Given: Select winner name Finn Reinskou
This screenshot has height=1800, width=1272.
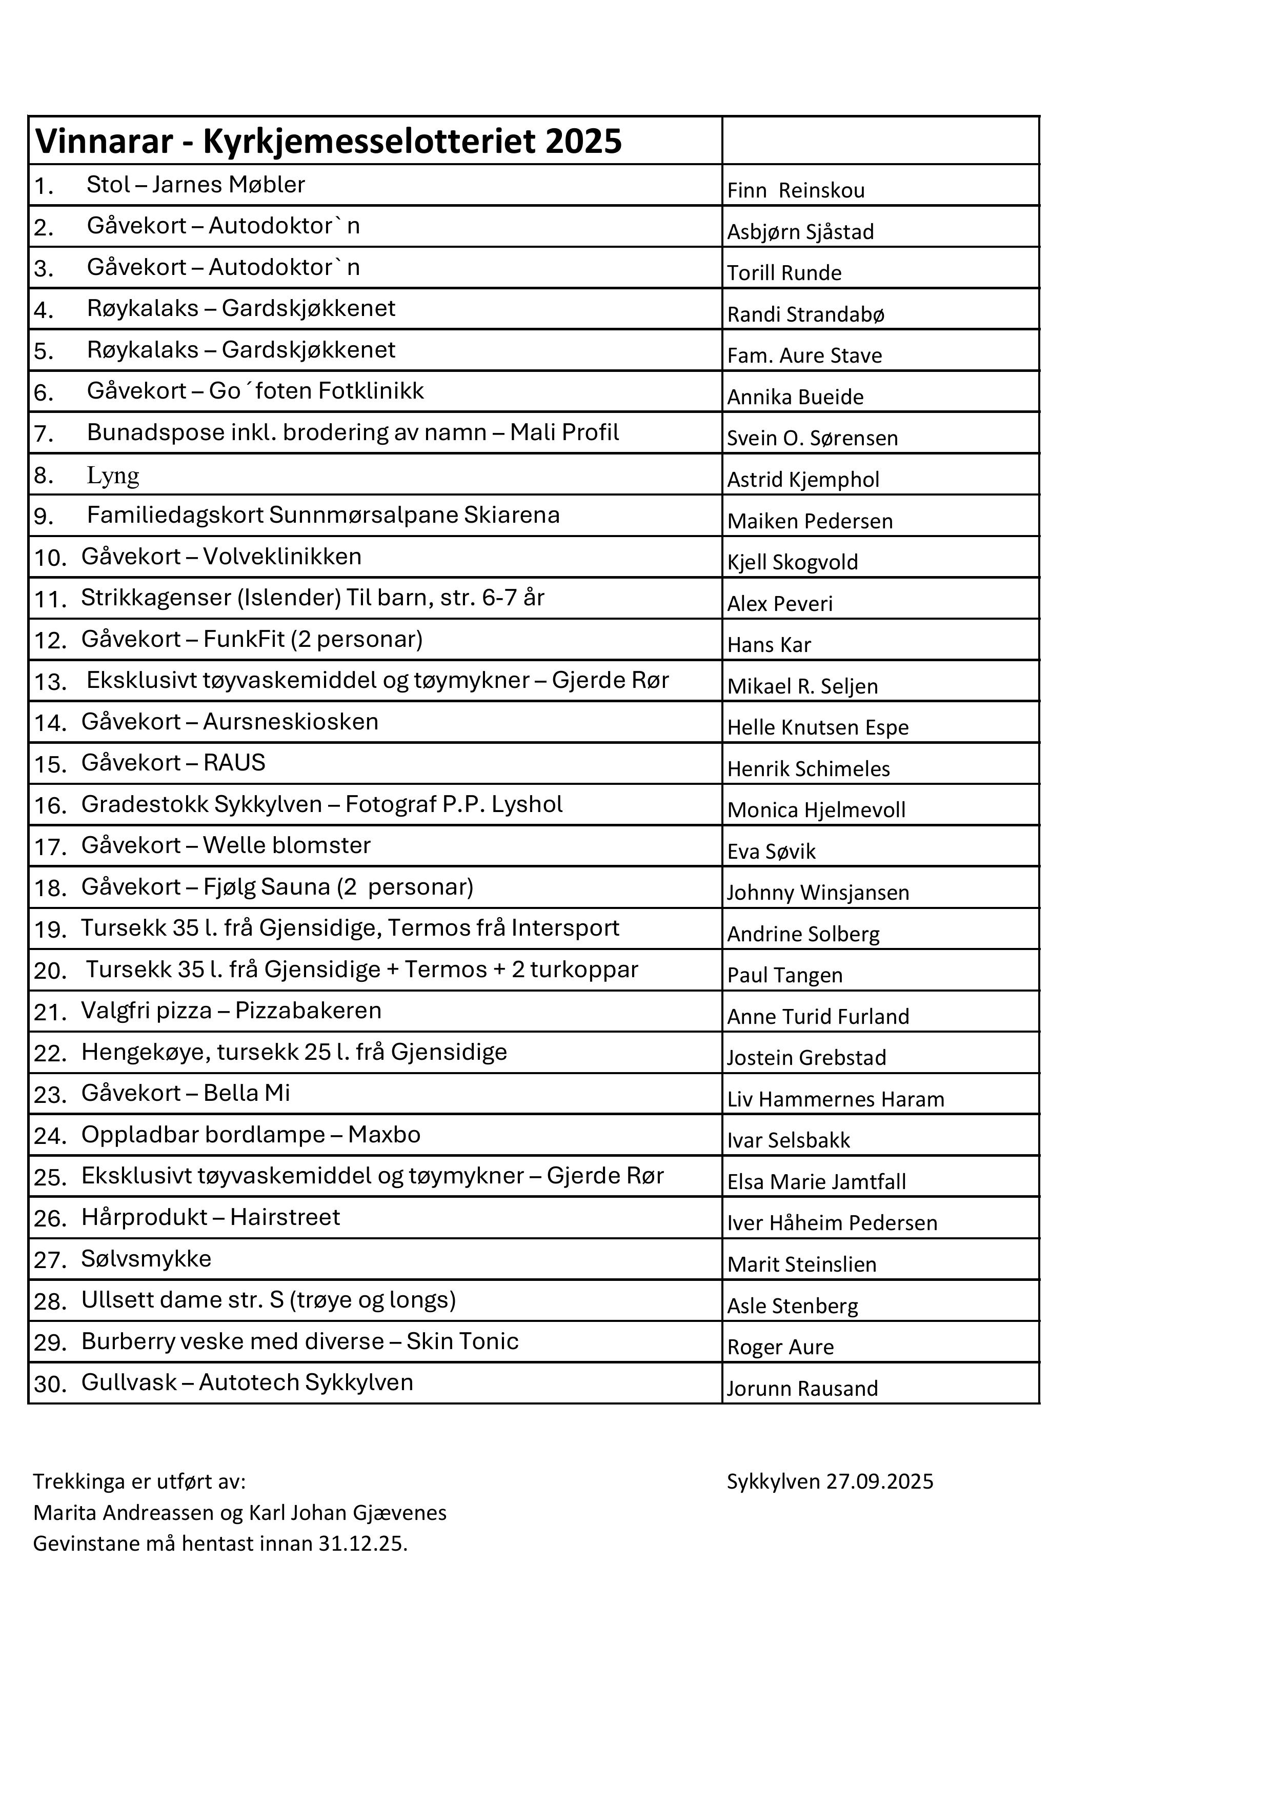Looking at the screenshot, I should (796, 190).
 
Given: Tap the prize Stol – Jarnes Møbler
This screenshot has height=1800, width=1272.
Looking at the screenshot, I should (196, 185).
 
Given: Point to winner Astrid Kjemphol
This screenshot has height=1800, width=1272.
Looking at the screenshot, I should (802, 479).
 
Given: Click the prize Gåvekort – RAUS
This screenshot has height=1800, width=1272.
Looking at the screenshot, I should (173, 763).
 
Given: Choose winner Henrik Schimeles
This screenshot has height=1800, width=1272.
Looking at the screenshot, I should (808, 768).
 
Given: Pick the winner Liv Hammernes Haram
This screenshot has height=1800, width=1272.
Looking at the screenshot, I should (836, 1099).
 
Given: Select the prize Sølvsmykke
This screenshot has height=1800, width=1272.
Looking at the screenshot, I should (147, 1258).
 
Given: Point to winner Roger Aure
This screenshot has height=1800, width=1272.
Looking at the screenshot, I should (780, 1347).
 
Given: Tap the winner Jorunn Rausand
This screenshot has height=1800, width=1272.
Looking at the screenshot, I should (802, 1389).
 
